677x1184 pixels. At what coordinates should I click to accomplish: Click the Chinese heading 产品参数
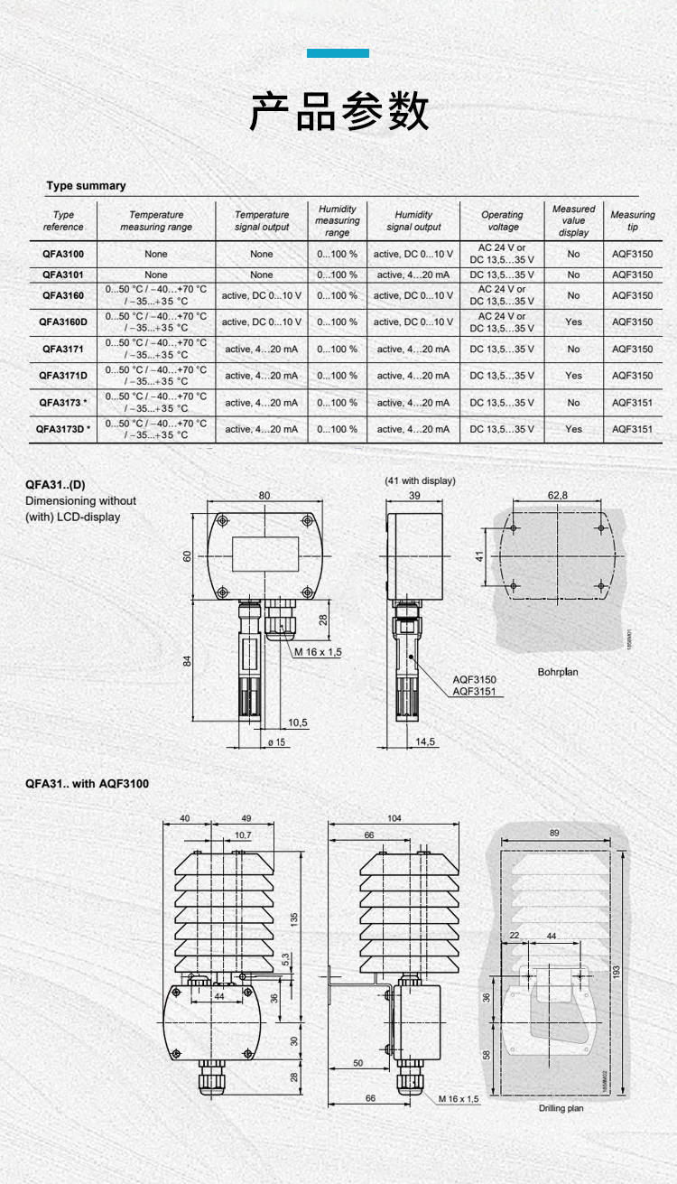click(338, 112)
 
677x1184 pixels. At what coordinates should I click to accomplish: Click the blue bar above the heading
click(338, 53)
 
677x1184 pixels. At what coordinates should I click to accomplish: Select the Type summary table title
click(87, 186)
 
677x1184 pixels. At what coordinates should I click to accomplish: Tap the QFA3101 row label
click(63, 275)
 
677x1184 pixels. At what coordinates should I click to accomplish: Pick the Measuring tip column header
click(633, 220)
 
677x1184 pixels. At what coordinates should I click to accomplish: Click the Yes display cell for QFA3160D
click(573, 322)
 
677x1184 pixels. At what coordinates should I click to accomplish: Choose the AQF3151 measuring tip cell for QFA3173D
click(632, 429)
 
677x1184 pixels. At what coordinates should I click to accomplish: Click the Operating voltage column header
click(502, 220)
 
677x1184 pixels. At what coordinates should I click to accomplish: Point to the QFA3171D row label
click(63, 376)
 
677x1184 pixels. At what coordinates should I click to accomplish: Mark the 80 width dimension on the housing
click(264, 496)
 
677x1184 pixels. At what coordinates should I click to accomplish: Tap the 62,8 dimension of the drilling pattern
click(558, 496)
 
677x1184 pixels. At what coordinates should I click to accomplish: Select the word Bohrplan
click(558, 672)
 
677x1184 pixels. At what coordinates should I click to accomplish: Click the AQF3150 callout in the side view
click(474, 679)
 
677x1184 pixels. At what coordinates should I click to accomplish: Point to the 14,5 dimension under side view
click(425, 741)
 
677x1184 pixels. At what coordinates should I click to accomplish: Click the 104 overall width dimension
click(394, 818)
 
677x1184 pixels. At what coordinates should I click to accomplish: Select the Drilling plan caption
click(561, 1108)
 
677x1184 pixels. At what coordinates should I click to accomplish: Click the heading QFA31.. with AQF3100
click(87, 784)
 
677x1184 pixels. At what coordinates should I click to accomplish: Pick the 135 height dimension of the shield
click(293, 917)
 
